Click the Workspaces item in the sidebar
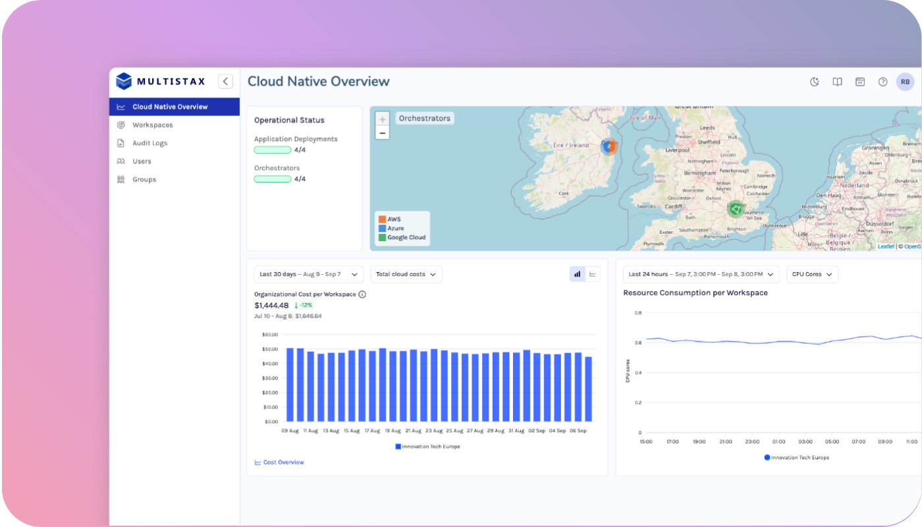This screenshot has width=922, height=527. point(152,125)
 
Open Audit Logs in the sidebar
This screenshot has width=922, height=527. point(149,143)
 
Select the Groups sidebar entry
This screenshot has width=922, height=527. point(144,179)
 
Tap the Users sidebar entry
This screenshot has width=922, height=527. point(142,161)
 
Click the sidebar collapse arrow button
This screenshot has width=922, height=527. point(226,82)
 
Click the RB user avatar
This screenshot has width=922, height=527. point(905,82)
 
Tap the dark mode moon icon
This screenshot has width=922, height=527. point(815,82)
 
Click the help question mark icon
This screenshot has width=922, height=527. point(882,82)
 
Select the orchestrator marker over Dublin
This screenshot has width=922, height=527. point(609,146)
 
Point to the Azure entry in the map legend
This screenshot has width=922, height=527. point(395,228)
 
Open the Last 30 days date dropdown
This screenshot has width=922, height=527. point(308,274)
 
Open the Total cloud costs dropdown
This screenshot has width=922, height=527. point(406,274)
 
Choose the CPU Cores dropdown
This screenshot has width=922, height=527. point(812,274)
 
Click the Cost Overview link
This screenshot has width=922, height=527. point(283,462)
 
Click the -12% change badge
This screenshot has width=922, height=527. point(304,305)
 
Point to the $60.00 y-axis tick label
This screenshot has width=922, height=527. point(270,335)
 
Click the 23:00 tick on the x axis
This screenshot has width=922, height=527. point(752,442)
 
